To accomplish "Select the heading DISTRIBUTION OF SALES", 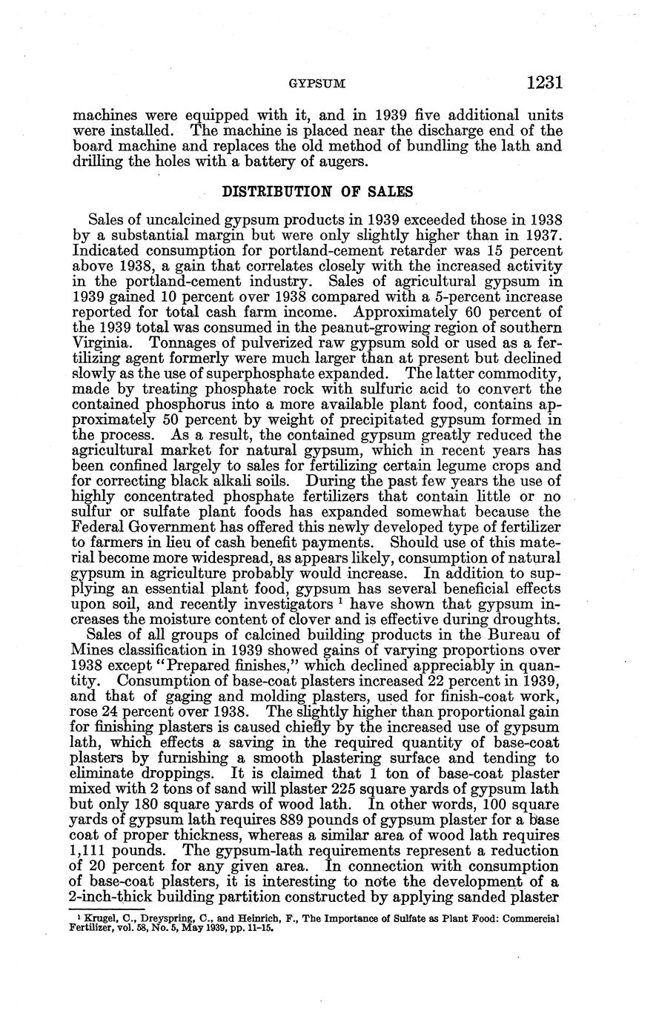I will pyautogui.click(x=317, y=190).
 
